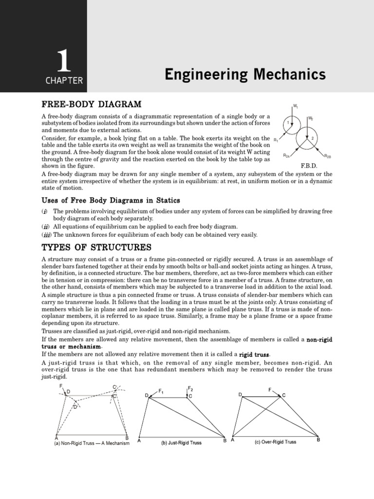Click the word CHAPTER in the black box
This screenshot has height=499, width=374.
(64, 81)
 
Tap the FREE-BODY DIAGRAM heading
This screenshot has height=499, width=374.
(92, 104)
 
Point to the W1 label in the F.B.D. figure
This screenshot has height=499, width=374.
(296, 105)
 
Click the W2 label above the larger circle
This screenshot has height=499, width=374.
(311, 118)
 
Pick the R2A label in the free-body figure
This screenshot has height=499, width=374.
(286, 155)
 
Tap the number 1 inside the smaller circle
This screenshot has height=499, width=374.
(288, 122)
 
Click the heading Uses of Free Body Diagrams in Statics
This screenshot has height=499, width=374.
(111, 200)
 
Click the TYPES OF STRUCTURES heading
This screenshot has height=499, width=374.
(96, 247)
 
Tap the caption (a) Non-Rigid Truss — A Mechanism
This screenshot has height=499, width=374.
(92, 443)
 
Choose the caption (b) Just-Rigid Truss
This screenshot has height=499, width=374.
(181, 443)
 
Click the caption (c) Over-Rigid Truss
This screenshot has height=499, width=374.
(275, 442)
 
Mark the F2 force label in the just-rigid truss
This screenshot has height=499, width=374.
(190, 388)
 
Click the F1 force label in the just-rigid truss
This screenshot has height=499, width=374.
(161, 391)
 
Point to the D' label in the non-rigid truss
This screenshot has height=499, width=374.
(75, 406)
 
